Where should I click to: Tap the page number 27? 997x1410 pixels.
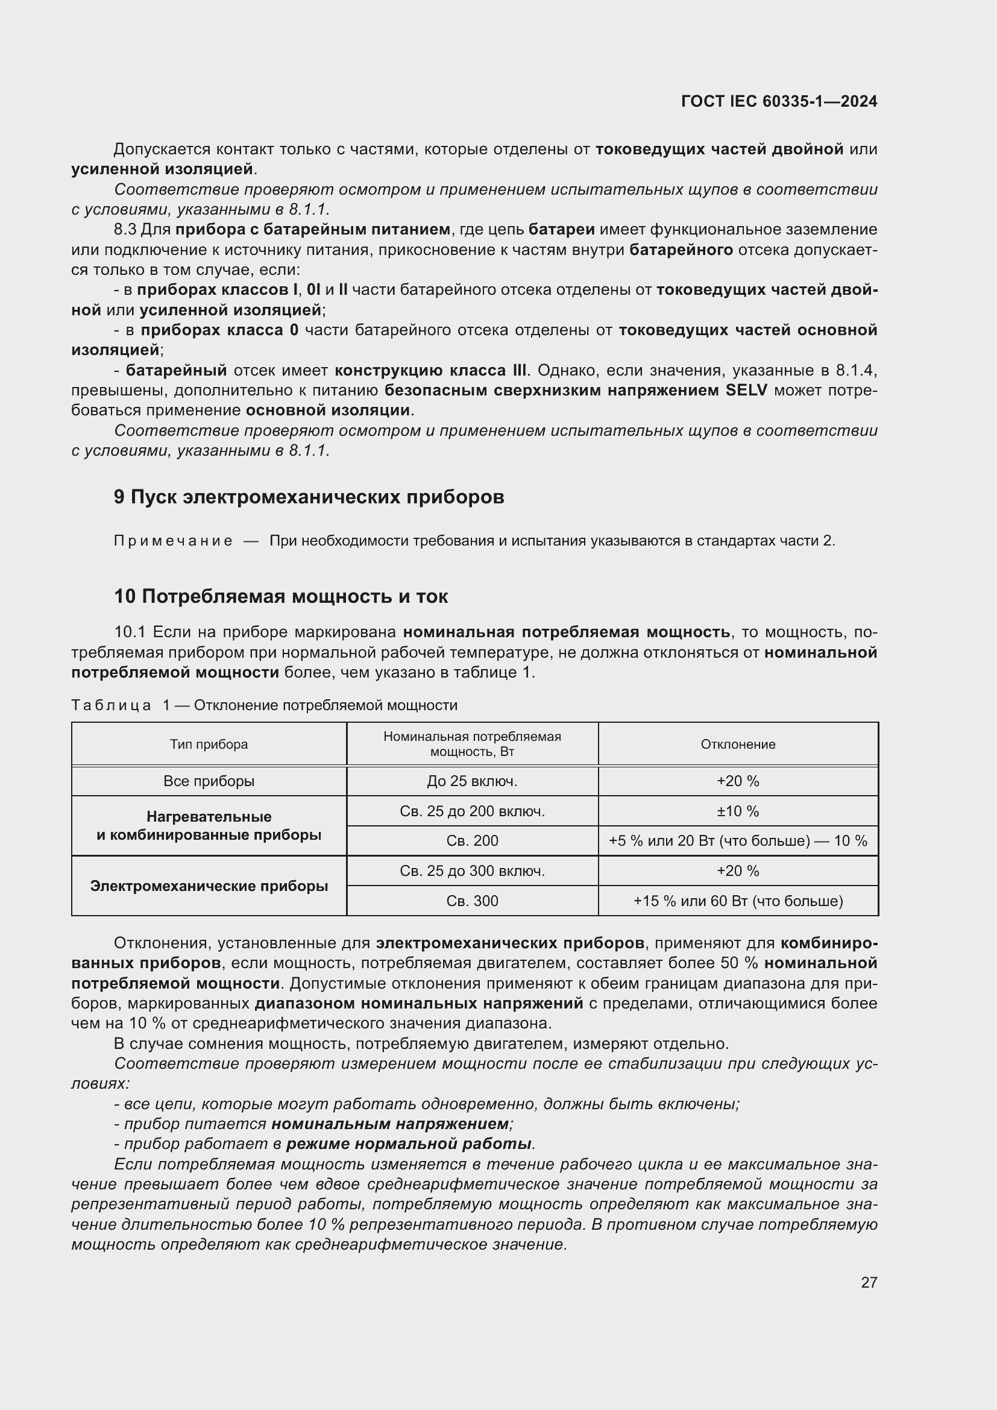869,1282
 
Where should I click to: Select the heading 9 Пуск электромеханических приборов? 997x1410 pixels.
309,497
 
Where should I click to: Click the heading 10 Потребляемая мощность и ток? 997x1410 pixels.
281,596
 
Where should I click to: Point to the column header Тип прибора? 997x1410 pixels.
209,744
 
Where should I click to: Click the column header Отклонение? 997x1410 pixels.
738,744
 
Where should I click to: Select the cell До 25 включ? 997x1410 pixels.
472,781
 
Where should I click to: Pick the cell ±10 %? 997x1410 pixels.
738,811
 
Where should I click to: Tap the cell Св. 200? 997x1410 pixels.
472,841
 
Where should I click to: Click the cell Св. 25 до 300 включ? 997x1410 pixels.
472,871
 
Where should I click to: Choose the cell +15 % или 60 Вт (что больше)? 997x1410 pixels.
738,901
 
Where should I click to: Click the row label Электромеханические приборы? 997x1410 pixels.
209,886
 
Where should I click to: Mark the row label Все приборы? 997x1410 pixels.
209,781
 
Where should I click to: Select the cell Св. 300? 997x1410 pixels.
472,901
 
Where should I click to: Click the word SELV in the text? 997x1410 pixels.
746,391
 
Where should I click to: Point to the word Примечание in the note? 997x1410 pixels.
173,541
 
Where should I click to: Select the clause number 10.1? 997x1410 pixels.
130,632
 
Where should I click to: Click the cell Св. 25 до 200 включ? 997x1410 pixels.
472,811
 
